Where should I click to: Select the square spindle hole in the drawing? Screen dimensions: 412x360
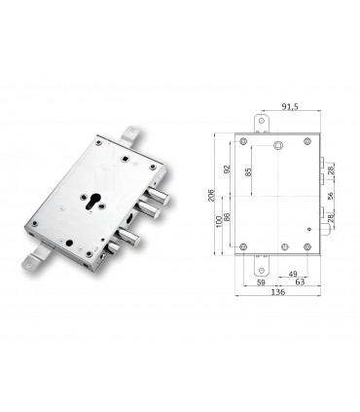click(280, 146)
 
